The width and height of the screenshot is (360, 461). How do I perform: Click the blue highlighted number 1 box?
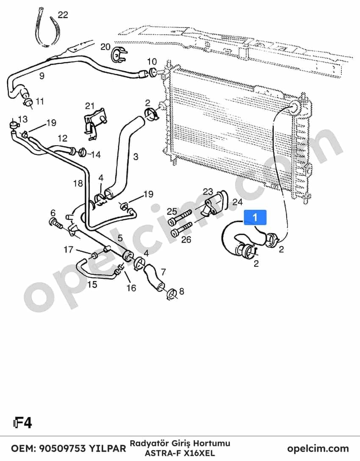point(255,217)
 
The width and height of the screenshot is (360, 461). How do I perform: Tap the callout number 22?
point(63,15)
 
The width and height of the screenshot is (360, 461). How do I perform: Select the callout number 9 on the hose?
point(42,76)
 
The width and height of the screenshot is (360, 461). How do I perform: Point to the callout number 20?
point(105,47)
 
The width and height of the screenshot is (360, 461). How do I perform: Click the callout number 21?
point(90,106)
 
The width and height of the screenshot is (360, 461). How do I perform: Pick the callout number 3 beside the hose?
point(136,156)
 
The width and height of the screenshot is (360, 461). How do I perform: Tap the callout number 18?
point(78,183)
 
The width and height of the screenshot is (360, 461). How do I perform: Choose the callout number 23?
point(208,192)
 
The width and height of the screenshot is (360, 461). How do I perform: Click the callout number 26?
point(186,240)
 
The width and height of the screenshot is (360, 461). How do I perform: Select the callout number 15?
point(92,284)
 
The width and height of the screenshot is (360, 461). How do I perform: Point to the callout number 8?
point(181,291)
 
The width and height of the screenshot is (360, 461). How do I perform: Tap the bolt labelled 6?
point(56,224)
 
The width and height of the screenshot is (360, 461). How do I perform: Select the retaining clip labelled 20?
point(119,55)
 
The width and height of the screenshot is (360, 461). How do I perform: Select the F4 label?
point(22,423)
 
